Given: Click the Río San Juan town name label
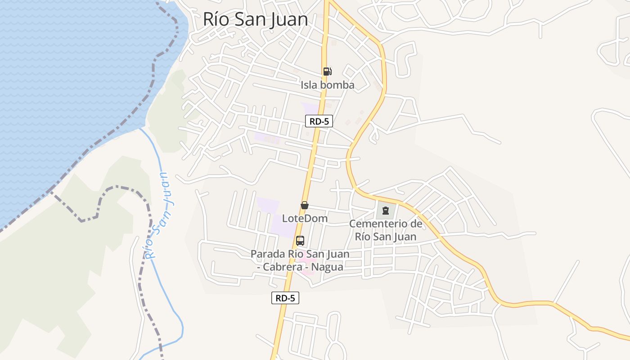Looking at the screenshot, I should coord(255,19).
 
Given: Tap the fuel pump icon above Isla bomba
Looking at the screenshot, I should coord(327,71).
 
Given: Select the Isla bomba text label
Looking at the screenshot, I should coord(328,85).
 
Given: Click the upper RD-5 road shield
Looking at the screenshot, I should coord(319,121).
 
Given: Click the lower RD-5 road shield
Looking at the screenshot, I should coord(285,297).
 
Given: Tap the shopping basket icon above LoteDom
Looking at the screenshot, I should coord(305,205).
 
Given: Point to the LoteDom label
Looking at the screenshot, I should coord(305,219).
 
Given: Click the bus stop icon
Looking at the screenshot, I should coord(300,241).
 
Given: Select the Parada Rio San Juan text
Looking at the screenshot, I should coord(300,254).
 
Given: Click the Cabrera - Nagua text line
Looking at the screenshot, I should coord(300,267).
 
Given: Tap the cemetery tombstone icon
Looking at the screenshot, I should coord(385,210).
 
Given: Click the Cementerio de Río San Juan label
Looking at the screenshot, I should coord(386,230).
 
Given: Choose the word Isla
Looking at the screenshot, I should coord(309,85).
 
